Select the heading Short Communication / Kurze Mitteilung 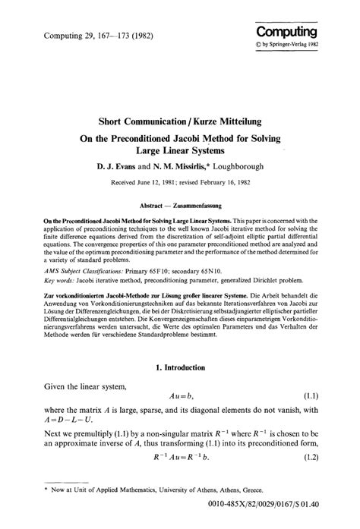(x=180, y=121)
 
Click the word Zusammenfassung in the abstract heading (x=211, y=206)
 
